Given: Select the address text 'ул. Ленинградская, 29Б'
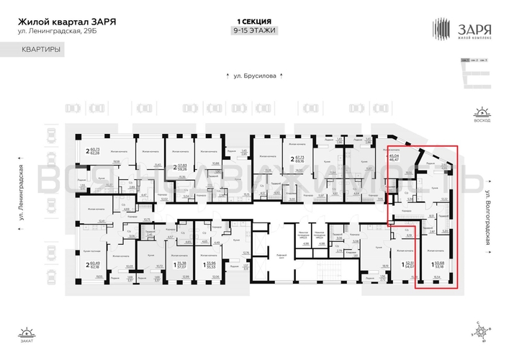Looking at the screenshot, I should (x=53, y=31).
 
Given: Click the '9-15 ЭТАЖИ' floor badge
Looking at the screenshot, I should (x=254, y=30).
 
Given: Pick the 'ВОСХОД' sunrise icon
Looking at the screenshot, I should (x=479, y=114).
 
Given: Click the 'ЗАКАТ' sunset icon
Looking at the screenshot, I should (x=27, y=336).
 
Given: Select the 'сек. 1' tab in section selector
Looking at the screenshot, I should (x=466, y=60).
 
